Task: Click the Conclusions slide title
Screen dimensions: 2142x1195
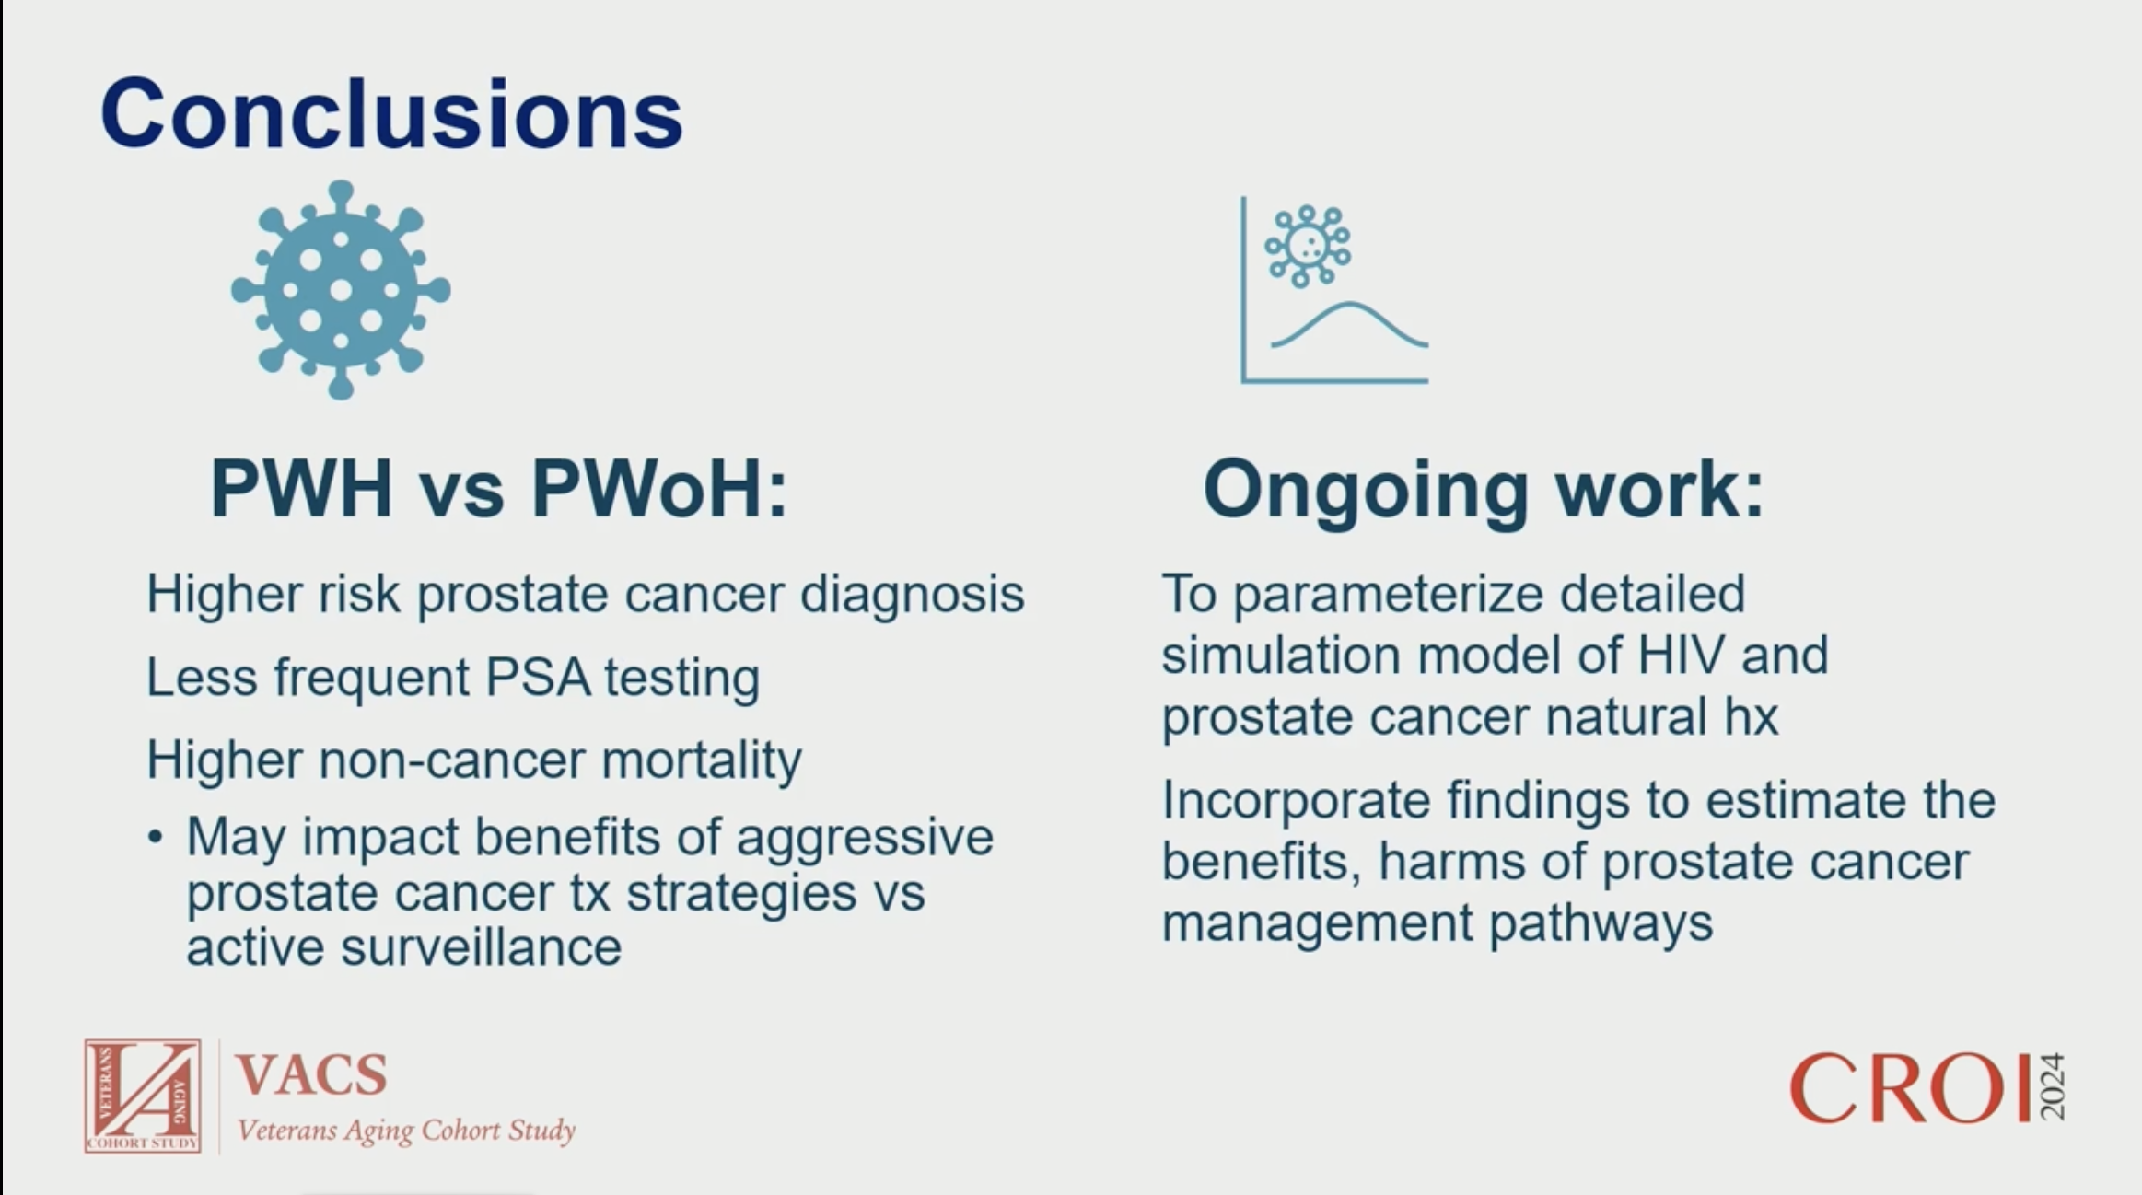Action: click(391, 114)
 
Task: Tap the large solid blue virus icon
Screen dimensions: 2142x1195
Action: click(341, 290)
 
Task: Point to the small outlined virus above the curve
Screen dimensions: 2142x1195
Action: click(1308, 246)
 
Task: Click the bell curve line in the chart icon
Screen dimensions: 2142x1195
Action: click(1350, 325)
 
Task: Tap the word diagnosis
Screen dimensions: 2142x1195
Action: click(912, 594)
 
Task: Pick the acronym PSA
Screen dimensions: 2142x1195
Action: click(538, 678)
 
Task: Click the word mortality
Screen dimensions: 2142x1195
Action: click(701, 761)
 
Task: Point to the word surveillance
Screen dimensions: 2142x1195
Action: click(482, 948)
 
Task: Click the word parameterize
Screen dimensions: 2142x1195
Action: click(1388, 595)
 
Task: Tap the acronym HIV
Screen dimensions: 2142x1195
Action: click(1680, 656)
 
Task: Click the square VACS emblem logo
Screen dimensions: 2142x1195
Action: click(143, 1096)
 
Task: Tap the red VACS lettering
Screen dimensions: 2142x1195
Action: click(311, 1074)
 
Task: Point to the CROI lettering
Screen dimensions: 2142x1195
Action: click(1910, 1088)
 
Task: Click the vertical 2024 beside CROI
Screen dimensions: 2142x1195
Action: click(2052, 1087)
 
